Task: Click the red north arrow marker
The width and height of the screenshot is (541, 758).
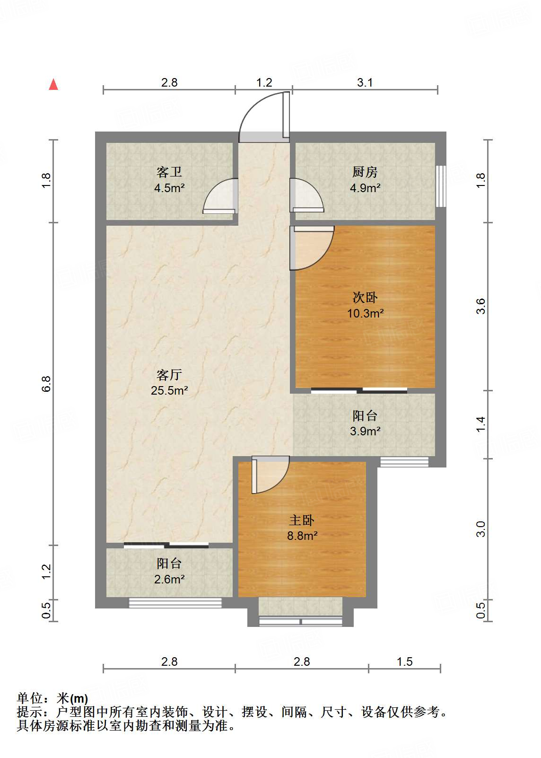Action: [x=53, y=85]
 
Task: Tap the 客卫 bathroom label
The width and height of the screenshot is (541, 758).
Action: [x=169, y=172]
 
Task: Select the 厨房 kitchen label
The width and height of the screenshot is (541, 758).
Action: [x=365, y=172]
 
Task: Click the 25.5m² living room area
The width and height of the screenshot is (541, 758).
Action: [x=169, y=391]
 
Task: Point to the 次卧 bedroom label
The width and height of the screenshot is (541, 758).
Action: [x=365, y=297]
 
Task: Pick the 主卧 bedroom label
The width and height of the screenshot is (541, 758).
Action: [x=302, y=520]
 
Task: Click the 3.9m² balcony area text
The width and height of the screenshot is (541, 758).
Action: [x=365, y=431]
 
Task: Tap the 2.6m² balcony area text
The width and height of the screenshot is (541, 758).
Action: [x=169, y=579]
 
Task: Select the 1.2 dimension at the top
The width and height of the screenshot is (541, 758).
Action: [x=264, y=83]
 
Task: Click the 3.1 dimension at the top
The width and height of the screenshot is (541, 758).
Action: [x=365, y=83]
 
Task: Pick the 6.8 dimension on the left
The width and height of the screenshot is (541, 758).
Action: [x=46, y=384]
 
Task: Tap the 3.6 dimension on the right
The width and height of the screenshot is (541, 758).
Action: [x=480, y=306]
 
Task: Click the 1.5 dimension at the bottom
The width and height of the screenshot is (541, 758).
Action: [x=405, y=661]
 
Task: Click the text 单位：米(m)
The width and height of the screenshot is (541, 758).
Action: [x=52, y=698]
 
